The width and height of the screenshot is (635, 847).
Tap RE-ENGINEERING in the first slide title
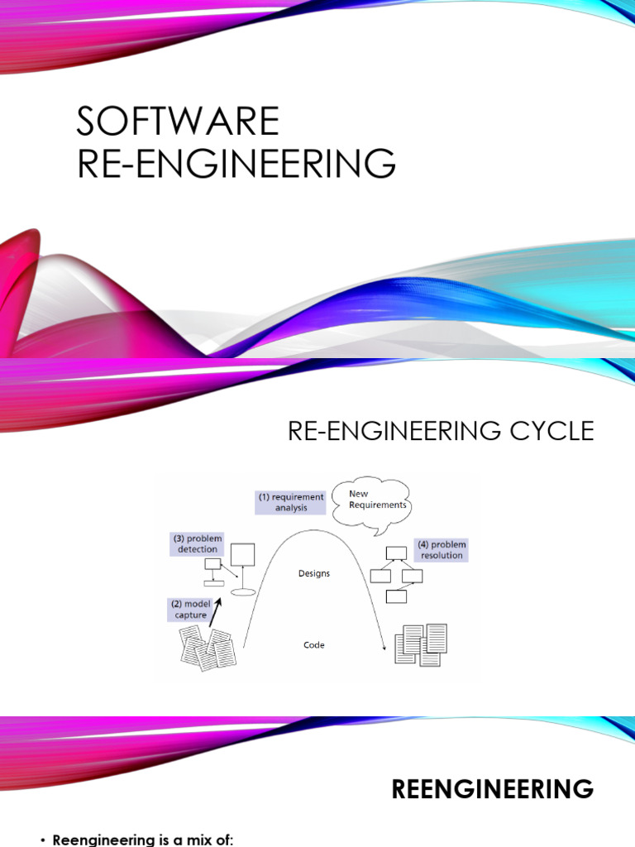coord(236,163)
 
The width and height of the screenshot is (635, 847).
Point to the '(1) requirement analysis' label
coord(290,502)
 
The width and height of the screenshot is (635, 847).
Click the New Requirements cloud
coord(370,502)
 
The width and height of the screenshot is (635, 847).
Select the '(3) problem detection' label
coord(198,544)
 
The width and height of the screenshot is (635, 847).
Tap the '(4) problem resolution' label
coord(442,550)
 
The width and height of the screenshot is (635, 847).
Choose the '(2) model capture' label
coord(190,610)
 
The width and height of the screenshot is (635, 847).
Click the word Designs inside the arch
coord(313,573)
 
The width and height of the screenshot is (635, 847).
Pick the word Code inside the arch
coord(313,644)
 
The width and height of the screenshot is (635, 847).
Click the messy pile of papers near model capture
coord(208,648)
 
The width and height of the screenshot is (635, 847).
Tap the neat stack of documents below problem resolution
coord(421,644)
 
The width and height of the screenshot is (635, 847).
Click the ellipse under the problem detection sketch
coord(243,592)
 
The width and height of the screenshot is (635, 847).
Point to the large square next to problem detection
coord(242,555)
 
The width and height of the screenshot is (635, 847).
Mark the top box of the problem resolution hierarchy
coord(396,553)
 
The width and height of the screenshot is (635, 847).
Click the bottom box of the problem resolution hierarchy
coord(396,596)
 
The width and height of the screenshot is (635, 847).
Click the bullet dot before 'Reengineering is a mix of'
coord(43,840)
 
